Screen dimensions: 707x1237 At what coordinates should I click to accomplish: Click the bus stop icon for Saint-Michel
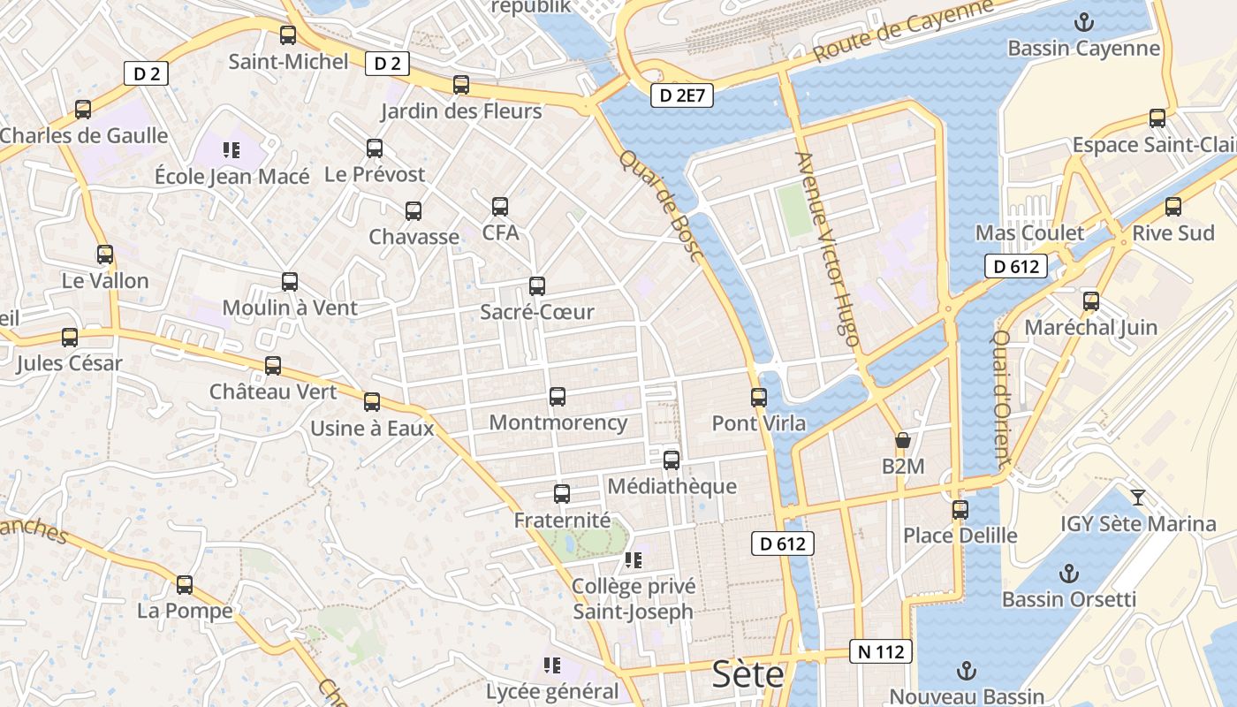pyautogui.click(x=288, y=35)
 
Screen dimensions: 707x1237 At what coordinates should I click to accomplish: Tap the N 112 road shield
pyautogui.click(x=881, y=652)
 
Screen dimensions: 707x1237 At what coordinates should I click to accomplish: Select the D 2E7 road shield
pyautogui.click(x=681, y=95)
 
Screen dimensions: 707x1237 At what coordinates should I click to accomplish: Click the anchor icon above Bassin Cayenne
pyautogui.click(x=1083, y=21)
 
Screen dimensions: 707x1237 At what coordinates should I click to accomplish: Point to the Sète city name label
pyautogui.click(x=748, y=674)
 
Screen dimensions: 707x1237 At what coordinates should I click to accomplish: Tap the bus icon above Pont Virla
pyautogui.click(x=759, y=398)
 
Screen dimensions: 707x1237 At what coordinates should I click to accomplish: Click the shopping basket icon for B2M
pyautogui.click(x=903, y=440)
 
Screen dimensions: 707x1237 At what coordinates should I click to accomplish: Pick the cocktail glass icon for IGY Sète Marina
pyautogui.click(x=1138, y=498)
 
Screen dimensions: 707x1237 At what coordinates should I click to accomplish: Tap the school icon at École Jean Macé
pyautogui.click(x=231, y=150)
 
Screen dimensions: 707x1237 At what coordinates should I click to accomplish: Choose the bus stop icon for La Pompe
pyautogui.click(x=185, y=585)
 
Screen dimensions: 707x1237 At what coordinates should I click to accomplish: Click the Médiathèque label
pyautogui.click(x=672, y=486)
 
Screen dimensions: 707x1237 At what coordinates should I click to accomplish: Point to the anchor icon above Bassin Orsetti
pyautogui.click(x=1069, y=574)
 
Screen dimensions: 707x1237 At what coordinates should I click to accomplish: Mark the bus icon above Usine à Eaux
pyautogui.click(x=372, y=403)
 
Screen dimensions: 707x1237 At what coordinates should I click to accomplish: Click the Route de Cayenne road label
pyautogui.click(x=902, y=30)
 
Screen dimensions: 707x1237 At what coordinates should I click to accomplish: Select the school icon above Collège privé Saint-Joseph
pyautogui.click(x=633, y=560)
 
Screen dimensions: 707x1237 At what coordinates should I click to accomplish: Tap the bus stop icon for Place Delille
pyautogui.click(x=960, y=510)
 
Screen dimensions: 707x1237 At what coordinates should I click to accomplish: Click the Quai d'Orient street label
pyautogui.click(x=1001, y=399)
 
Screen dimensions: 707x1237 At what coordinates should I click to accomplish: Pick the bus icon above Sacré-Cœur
pyautogui.click(x=537, y=286)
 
